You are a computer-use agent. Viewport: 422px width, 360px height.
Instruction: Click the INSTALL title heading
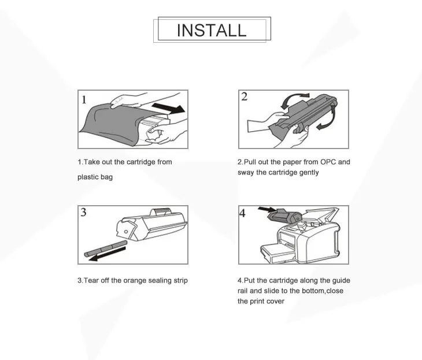click(x=212, y=30)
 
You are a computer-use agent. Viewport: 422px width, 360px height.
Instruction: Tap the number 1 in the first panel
click(x=84, y=100)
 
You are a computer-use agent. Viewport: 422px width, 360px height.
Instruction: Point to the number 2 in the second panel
click(x=244, y=97)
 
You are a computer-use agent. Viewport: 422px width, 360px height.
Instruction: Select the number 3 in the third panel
click(x=83, y=212)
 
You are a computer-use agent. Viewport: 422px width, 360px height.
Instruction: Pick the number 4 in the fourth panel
click(x=242, y=213)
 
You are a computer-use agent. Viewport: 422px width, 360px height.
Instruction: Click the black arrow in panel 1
click(x=168, y=107)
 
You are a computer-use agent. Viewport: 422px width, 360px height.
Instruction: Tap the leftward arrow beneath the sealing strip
click(x=107, y=254)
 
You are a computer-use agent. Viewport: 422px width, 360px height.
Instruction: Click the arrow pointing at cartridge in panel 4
click(x=266, y=210)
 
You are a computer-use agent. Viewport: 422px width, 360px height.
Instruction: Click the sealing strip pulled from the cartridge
click(x=105, y=248)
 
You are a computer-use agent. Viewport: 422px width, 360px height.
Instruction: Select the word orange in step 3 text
click(x=135, y=281)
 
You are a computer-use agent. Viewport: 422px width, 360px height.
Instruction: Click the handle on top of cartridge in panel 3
click(x=161, y=211)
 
